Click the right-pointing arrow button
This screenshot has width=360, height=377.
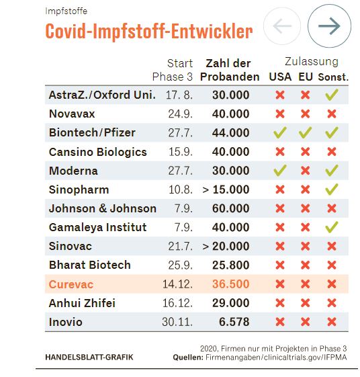click(x=329, y=26)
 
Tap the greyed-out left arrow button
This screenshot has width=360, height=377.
click(x=282, y=26)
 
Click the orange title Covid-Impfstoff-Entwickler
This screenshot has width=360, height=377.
click(x=149, y=32)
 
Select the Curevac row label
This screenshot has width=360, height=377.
click(x=71, y=284)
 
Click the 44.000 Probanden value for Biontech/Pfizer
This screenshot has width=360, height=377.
click(x=230, y=132)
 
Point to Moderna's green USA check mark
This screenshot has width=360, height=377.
click(x=280, y=170)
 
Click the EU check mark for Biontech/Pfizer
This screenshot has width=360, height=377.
click(x=305, y=132)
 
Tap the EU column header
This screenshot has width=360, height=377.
click(x=306, y=77)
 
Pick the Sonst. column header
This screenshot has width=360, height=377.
click(x=333, y=77)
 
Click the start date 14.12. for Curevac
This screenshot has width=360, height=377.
click(x=177, y=284)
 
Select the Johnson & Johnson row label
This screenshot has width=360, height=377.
click(x=103, y=208)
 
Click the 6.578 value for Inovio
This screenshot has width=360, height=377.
click(x=234, y=322)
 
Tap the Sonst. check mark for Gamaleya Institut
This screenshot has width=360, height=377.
click(x=332, y=227)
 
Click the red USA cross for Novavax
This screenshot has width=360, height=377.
click(x=280, y=114)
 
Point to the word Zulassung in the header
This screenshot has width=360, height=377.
click(x=312, y=62)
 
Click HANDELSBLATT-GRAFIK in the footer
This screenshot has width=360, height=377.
click(x=89, y=358)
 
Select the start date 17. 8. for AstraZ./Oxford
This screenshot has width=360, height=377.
click(x=179, y=95)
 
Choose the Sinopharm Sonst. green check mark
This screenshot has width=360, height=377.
click(x=332, y=190)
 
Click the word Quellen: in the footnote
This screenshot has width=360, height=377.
click(x=188, y=358)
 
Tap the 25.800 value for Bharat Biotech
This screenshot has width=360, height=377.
click(x=230, y=265)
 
